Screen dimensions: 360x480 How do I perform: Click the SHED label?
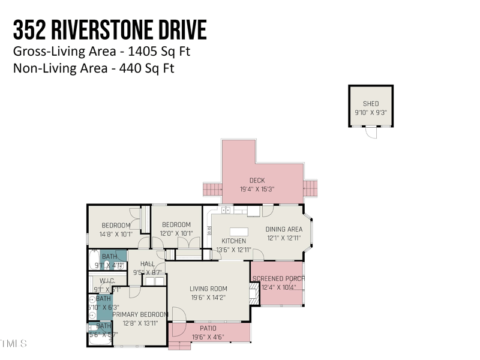[x=371, y=104]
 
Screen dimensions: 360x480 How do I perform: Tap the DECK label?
[x=257, y=181]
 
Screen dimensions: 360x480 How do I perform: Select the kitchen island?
[x=239, y=231]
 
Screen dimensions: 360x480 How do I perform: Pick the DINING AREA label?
[x=284, y=229]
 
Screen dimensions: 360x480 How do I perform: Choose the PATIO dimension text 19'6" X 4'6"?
[x=208, y=337]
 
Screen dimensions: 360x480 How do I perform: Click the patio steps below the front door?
[x=179, y=346]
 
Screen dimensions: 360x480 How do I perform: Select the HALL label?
[x=147, y=264]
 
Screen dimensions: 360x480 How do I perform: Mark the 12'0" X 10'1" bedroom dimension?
[x=176, y=233]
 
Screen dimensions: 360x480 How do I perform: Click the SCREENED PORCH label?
[x=278, y=279]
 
